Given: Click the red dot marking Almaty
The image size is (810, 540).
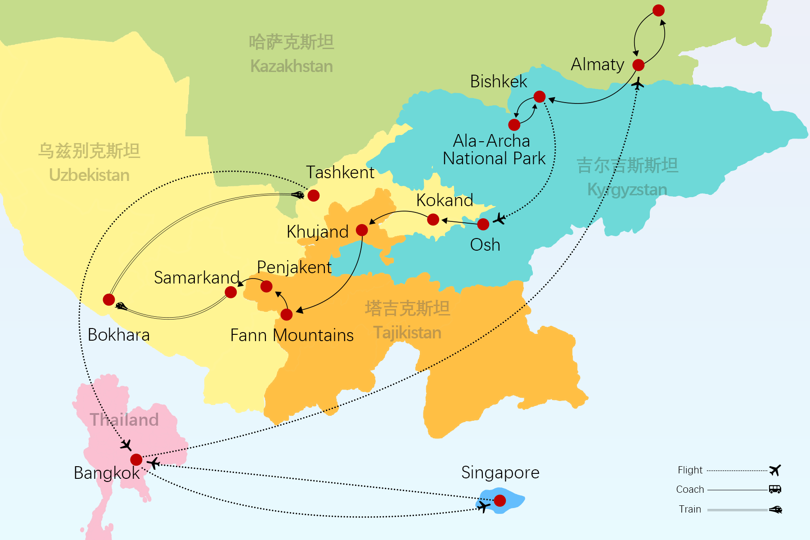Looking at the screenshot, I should (x=638, y=65).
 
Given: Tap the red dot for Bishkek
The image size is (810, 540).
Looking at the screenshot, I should (x=540, y=96).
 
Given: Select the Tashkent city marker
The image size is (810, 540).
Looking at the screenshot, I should (x=314, y=195).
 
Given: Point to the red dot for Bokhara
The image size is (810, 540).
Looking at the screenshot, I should (x=109, y=300).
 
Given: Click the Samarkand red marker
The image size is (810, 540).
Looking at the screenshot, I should (x=231, y=292).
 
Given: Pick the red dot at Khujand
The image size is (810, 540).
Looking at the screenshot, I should (x=362, y=230).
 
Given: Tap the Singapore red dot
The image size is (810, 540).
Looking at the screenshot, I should (x=500, y=500).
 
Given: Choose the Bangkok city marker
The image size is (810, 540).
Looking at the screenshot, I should (x=136, y=459).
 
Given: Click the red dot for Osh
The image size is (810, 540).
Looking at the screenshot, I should (x=483, y=224).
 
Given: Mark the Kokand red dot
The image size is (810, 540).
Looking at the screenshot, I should (x=433, y=219).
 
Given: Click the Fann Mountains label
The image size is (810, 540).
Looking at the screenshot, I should (x=292, y=336).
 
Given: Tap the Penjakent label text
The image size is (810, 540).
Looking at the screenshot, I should (x=294, y=267).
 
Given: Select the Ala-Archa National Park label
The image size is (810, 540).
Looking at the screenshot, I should (x=494, y=150).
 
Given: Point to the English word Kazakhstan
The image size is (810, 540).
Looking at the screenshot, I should (x=292, y=67).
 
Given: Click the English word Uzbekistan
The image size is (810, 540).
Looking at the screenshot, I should (x=89, y=175).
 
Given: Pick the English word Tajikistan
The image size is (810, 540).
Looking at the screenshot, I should (x=407, y=333).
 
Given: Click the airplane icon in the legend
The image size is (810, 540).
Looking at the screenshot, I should (x=775, y=470).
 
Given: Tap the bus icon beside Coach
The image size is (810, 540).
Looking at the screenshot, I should (x=775, y=489).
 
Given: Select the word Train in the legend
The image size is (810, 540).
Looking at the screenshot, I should (x=690, y=509).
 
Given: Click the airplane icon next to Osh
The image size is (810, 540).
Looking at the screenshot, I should (x=499, y=219).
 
